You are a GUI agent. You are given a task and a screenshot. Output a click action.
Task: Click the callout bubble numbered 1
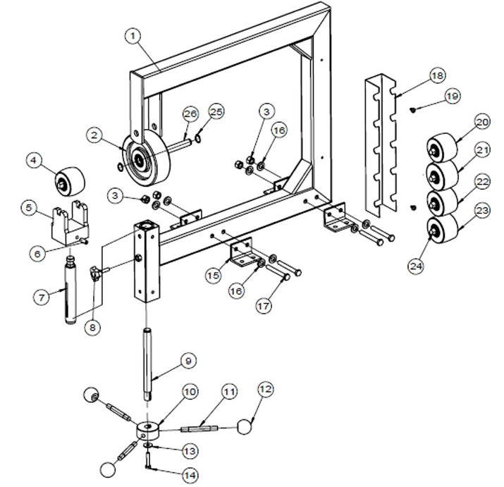point(133,35)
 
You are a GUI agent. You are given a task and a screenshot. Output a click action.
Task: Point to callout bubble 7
point(42,297)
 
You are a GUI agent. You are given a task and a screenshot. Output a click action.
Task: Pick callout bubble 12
point(265,389)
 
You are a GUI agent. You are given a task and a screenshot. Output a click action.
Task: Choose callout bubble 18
point(437,75)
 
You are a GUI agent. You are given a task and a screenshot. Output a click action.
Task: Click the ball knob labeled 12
point(245,426)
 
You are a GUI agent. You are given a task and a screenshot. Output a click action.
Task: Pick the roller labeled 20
point(443,149)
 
